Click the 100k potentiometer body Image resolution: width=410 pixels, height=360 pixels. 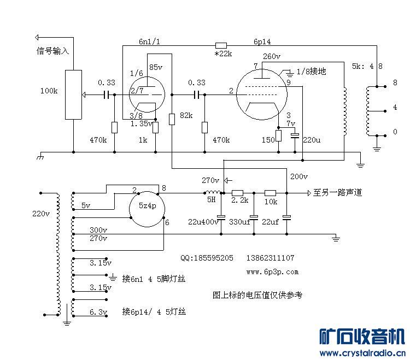73,95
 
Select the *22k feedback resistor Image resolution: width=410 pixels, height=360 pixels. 221,46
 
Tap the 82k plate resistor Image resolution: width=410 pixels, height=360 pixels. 172,119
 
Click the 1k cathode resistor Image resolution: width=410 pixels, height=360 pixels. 156,127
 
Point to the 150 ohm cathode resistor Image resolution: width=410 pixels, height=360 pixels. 278,136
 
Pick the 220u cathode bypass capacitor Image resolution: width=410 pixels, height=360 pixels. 295,135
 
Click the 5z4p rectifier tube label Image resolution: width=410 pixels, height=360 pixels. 148,206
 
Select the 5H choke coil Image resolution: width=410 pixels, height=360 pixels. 213,192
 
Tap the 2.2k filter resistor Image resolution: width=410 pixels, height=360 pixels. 237,193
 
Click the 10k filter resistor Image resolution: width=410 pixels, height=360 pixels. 271,193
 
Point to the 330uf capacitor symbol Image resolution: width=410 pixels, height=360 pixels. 254,217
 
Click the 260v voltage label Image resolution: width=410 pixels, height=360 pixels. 272,56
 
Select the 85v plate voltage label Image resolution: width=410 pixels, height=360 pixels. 156,67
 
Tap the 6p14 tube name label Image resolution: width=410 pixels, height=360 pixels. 262,42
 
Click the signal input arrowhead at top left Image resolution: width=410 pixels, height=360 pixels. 37,37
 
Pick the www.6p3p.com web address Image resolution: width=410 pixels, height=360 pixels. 272,272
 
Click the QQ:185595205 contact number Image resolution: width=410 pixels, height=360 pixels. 207,258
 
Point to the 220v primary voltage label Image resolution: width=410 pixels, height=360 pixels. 41,214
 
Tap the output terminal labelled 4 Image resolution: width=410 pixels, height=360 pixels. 385,111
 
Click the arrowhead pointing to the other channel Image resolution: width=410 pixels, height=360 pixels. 309,193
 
